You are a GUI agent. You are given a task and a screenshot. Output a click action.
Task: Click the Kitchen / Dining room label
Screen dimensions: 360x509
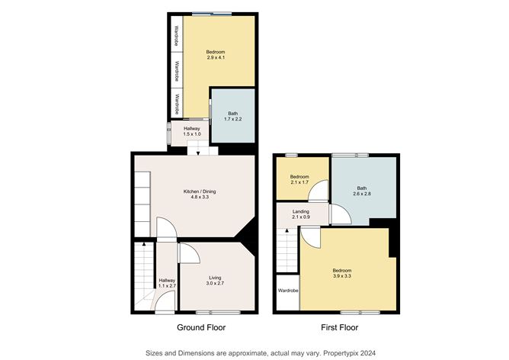196,191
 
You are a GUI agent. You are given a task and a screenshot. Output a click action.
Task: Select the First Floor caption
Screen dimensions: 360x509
337,327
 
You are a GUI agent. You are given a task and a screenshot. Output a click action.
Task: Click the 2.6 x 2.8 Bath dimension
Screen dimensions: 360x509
363,194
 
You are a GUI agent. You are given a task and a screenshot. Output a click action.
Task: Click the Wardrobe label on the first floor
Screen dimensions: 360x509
287,291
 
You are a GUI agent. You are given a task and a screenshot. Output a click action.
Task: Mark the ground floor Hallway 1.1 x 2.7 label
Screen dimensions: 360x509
166,284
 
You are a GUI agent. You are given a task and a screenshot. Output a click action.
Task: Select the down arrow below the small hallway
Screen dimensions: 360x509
199,153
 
